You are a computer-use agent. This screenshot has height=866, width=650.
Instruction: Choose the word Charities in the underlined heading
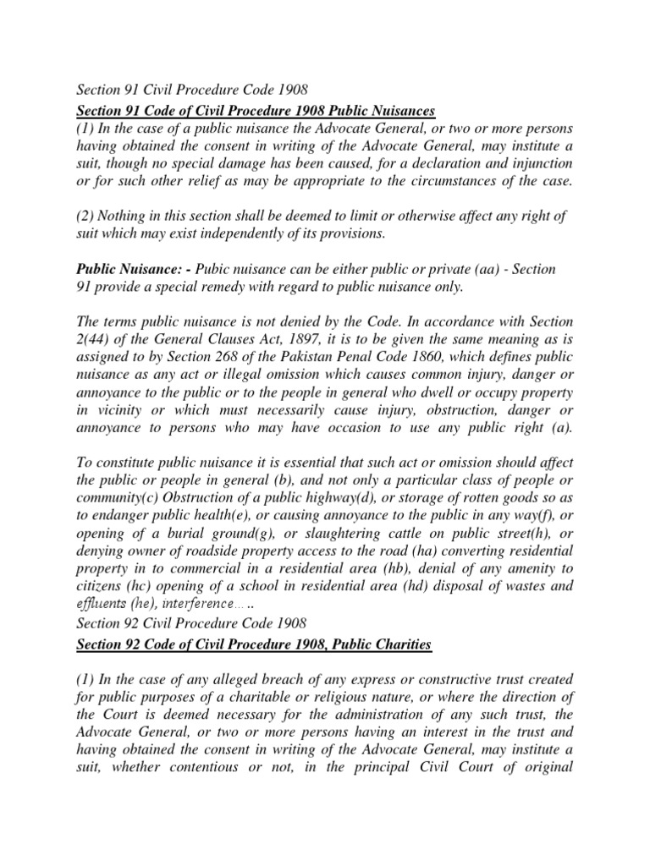coord(399,646)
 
